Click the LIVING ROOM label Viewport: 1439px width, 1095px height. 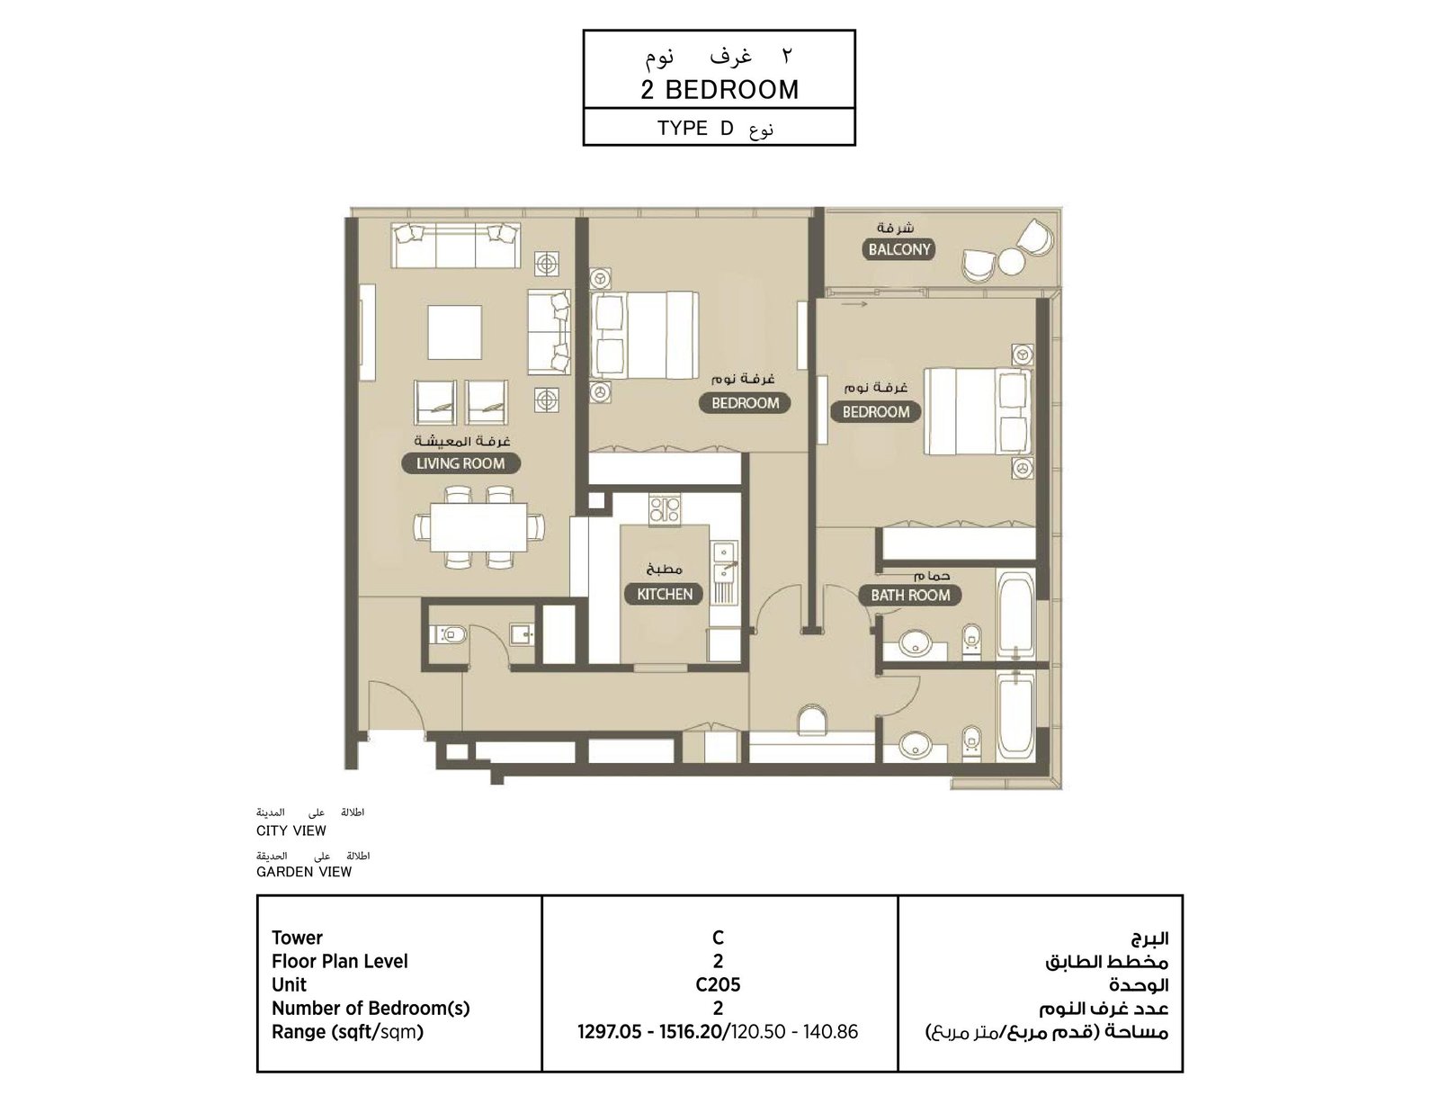click(460, 463)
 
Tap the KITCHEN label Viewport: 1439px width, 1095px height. click(665, 594)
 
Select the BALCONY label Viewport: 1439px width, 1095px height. click(898, 249)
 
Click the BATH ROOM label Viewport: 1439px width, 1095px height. click(910, 596)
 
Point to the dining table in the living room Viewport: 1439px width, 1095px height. click(478, 527)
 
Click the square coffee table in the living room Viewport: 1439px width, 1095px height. click(455, 332)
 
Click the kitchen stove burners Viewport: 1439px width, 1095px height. click(664, 510)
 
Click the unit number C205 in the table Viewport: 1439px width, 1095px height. click(718, 985)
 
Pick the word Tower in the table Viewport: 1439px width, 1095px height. click(297, 938)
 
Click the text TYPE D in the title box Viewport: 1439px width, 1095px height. click(695, 129)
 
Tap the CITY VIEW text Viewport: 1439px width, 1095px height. click(291, 830)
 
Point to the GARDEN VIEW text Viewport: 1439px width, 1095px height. click(304, 872)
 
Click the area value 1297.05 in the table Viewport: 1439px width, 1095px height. click(609, 1032)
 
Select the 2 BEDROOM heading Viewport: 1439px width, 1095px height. click(719, 90)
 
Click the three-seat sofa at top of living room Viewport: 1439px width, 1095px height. click(456, 246)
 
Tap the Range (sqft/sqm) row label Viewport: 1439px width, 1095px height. click(347, 1032)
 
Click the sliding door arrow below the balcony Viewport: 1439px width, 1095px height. click(854, 304)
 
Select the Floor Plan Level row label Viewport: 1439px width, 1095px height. click(340, 961)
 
